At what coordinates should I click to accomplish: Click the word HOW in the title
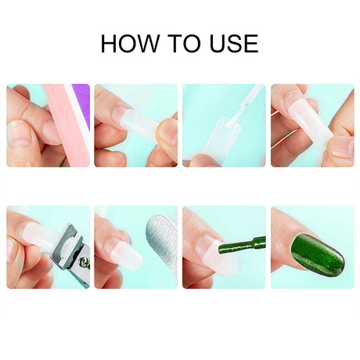(x=130, y=43)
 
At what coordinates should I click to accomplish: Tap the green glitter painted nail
(x=317, y=251)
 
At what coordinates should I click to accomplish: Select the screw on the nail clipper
(x=85, y=261)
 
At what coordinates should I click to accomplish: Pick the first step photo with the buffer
(x=49, y=125)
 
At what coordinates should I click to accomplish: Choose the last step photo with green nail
(x=312, y=247)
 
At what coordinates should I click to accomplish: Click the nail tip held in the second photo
(x=139, y=124)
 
